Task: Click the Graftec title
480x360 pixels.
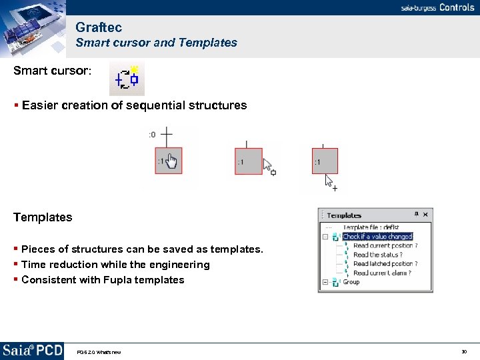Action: pyautogui.click(x=99, y=27)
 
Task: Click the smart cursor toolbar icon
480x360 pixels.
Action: pyautogui.click(x=127, y=79)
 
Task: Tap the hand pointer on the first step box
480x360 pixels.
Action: pyautogui.click(x=171, y=162)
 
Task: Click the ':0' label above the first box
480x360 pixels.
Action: pyautogui.click(x=152, y=135)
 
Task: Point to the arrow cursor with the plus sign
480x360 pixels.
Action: pyautogui.click(x=330, y=183)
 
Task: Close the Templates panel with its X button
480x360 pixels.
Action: pyautogui.click(x=426, y=214)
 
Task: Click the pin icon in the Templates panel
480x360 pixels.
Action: pyautogui.click(x=416, y=214)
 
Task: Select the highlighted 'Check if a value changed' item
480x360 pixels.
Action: pyautogui.click(x=377, y=237)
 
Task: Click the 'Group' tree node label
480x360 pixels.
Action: pyautogui.click(x=351, y=282)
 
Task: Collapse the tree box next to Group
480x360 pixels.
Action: pyautogui.click(x=325, y=282)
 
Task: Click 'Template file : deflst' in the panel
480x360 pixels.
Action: pyautogui.click(x=371, y=227)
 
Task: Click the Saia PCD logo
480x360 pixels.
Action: pyautogui.click(x=32, y=350)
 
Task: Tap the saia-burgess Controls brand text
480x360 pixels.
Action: pyautogui.click(x=437, y=7)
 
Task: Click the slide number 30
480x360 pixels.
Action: pyautogui.click(x=463, y=351)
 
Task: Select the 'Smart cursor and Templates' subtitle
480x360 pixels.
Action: pyautogui.click(x=156, y=43)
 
